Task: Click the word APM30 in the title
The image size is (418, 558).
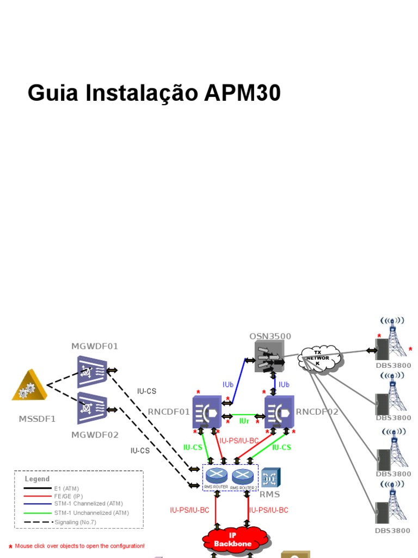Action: [x=242, y=93]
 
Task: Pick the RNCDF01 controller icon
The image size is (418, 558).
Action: [x=206, y=411]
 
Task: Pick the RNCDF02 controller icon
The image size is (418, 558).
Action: [x=279, y=411]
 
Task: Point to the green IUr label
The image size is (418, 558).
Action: [x=244, y=421]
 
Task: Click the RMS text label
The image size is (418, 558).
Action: [x=270, y=495]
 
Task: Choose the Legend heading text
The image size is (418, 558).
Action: [x=37, y=479]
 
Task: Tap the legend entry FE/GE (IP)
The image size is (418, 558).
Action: [x=68, y=496]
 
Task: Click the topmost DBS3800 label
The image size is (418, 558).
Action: [x=393, y=366]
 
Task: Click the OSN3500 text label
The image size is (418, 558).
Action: [x=270, y=336]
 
